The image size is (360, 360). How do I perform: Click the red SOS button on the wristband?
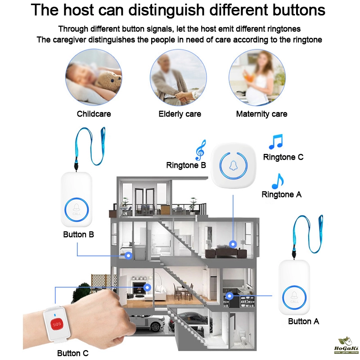click(x=57, y=324)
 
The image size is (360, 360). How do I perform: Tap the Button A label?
click(x=303, y=321)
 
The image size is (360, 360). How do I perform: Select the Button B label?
click(x=78, y=234)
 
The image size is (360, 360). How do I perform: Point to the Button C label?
click(x=73, y=353)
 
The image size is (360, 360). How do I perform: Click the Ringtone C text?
click(x=283, y=157)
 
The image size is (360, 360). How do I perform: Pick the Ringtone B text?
click(x=186, y=165)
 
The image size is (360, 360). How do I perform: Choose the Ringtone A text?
click(x=282, y=194)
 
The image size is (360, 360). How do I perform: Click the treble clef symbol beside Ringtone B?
click(x=200, y=150)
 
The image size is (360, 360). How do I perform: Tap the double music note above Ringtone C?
click(x=276, y=141)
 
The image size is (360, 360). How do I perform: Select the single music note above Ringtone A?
click(x=278, y=181)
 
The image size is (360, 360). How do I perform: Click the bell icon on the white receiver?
click(x=233, y=165)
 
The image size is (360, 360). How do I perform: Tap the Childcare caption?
click(x=94, y=114)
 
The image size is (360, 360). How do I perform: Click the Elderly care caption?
click(x=180, y=114)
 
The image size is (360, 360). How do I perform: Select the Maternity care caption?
click(x=262, y=114)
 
